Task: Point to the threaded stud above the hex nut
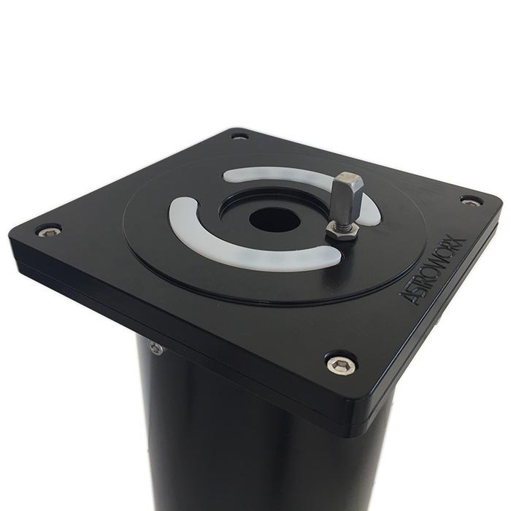pos(339,222)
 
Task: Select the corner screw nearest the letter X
pos(472,201)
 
